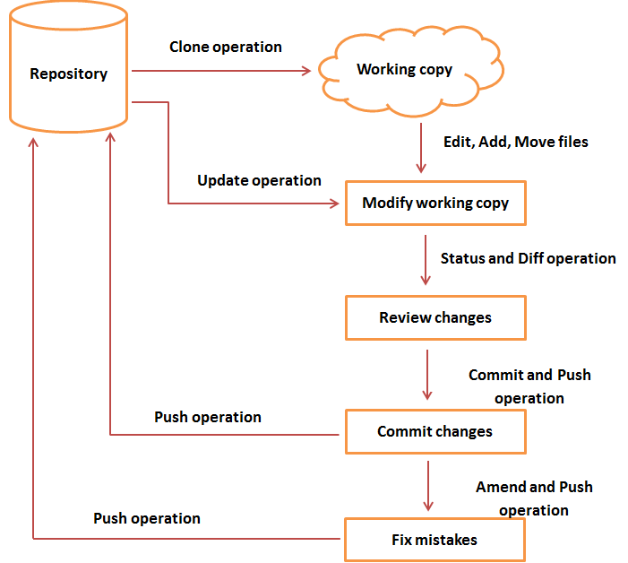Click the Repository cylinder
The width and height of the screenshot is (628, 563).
pos(69,74)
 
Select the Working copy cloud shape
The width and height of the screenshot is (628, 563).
pos(405,70)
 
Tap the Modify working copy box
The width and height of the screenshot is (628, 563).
pos(435,204)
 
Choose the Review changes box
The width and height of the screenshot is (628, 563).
pos(435,318)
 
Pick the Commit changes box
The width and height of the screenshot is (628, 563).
pos(435,432)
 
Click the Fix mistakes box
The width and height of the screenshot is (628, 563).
pos(435,540)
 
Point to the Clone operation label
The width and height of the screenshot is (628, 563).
pos(226,47)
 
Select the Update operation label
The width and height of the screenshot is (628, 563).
pos(259,180)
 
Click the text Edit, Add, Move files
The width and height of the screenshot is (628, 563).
pos(516,142)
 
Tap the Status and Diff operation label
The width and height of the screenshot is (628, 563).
pos(528,258)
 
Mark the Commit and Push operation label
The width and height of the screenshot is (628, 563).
pos(529,386)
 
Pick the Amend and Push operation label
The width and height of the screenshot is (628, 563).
pos(534,498)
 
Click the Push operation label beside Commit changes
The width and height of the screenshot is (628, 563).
pos(208,417)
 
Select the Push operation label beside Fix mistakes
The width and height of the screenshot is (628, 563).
pos(147,518)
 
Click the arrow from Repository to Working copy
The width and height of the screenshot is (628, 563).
pos(224,69)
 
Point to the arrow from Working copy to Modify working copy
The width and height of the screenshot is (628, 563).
pos(419,148)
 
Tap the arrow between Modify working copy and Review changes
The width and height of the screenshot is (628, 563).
pos(427,260)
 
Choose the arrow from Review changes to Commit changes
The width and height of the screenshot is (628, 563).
pos(427,374)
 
